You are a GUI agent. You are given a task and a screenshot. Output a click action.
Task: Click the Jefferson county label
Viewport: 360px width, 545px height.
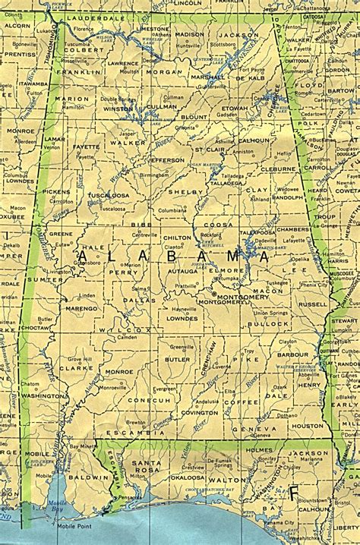[x=166, y=160]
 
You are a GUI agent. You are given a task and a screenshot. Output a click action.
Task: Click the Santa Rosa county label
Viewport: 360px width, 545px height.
[x=142, y=468]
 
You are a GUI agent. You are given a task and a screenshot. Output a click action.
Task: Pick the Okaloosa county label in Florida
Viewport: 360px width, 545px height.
[x=186, y=477]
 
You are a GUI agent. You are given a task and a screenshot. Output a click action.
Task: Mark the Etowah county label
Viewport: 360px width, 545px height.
[x=235, y=109]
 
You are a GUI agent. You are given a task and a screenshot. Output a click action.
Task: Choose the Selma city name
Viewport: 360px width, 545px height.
[x=139, y=289]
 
